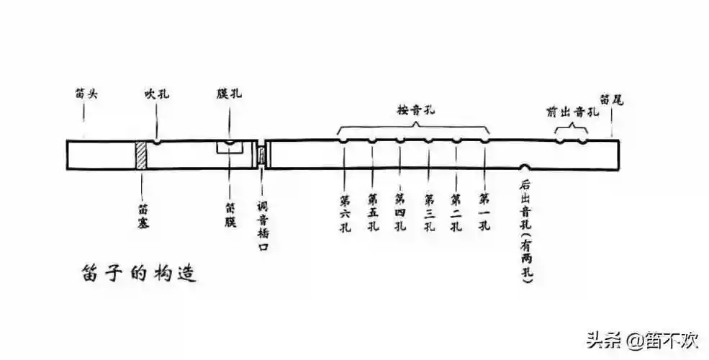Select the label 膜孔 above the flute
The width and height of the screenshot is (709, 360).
(x=227, y=94)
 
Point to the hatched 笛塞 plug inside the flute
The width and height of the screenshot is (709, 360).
(x=142, y=155)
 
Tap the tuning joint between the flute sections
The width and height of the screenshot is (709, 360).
(x=262, y=155)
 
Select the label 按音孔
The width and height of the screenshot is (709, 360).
(x=415, y=109)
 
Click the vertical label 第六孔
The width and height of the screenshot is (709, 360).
(x=345, y=212)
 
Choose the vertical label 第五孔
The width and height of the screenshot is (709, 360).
(x=373, y=212)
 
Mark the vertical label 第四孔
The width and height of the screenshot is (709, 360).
(x=400, y=212)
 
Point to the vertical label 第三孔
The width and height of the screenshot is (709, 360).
(x=428, y=212)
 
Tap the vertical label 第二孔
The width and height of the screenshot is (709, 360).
(x=456, y=212)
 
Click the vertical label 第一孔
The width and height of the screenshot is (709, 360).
(x=484, y=212)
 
